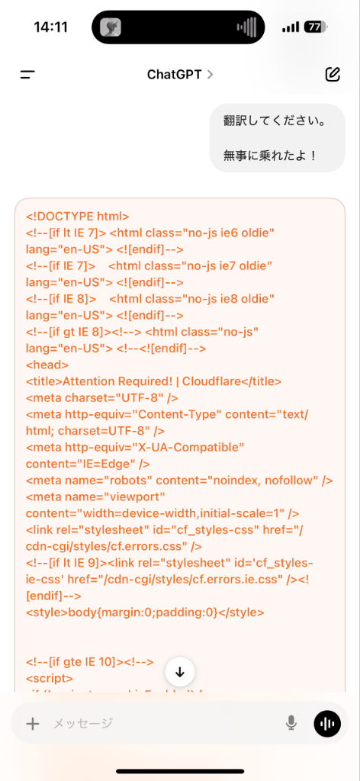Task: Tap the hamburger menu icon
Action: pyautogui.click(x=28, y=75)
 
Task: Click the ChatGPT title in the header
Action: pyautogui.click(x=174, y=75)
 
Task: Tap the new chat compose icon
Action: pyautogui.click(x=333, y=74)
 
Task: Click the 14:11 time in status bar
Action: pyautogui.click(x=51, y=27)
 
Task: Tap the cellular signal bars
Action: pyautogui.click(x=291, y=27)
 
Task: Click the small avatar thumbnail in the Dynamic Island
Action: pyautogui.click(x=111, y=27)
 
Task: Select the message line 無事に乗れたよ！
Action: pyautogui.click(x=270, y=156)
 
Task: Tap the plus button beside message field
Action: pyautogui.click(x=32, y=723)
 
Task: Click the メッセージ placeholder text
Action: pyautogui.click(x=83, y=723)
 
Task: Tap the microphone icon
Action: pyautogui.click(x=291, y=723)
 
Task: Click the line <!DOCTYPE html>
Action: pyautogui.click(x=78, y=216)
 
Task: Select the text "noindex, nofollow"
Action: pyautogui.click(x=266, y=480)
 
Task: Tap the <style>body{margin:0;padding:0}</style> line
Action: pyautogui.click(x=145, y=612)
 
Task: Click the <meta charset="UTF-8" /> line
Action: pyautogui.click(x=102, y=398)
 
